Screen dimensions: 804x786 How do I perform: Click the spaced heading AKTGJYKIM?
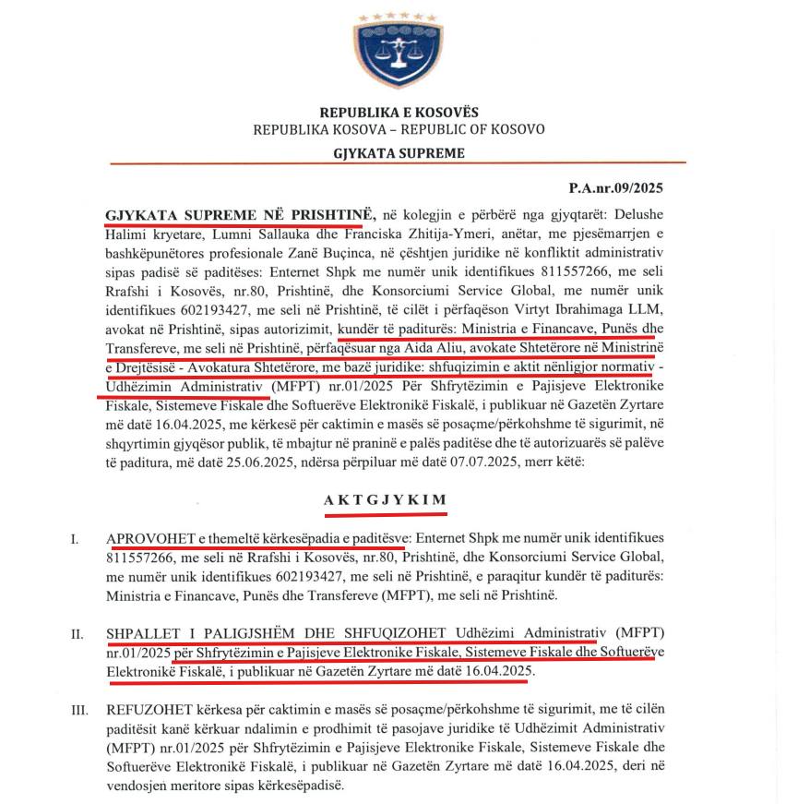[385, 499]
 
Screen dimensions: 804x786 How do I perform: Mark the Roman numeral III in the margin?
[79, 710]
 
